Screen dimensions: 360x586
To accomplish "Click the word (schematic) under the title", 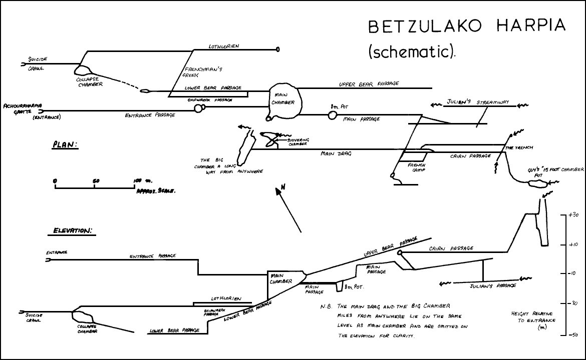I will (412, 51).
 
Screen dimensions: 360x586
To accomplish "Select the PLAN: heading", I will (65, 145).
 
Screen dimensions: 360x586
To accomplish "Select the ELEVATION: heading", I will (73, 231).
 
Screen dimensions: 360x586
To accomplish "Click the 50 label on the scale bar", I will (96, 180).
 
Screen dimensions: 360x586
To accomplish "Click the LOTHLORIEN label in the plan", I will (224, 46).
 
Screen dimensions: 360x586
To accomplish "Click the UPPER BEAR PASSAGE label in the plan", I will (369, 84).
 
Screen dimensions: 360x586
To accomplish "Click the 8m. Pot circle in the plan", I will (333, 115).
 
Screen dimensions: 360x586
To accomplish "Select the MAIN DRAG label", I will (336, 154).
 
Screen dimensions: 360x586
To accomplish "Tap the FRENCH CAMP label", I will (416, 167).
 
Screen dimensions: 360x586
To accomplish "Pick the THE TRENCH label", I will (519, 148).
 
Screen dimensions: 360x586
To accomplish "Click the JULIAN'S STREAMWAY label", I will (478, 102).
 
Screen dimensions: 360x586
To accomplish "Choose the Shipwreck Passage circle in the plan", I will (199, 109).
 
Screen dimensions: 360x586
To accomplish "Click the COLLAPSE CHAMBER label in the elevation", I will (87, 328).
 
